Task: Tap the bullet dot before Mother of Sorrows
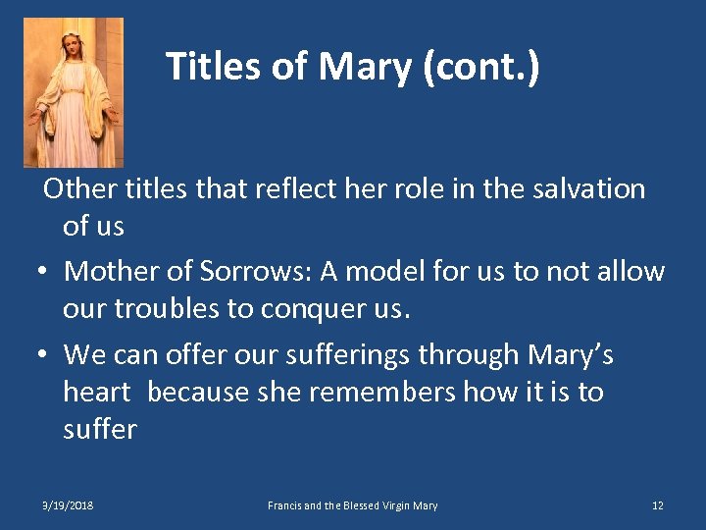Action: click(x=46, y=272)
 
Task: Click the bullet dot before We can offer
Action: click(x=46, y=353)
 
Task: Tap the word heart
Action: click(x=96, y=392)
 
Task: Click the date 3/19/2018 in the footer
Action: click(x=68, y=505)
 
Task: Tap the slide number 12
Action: click(x=657, y=505)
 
